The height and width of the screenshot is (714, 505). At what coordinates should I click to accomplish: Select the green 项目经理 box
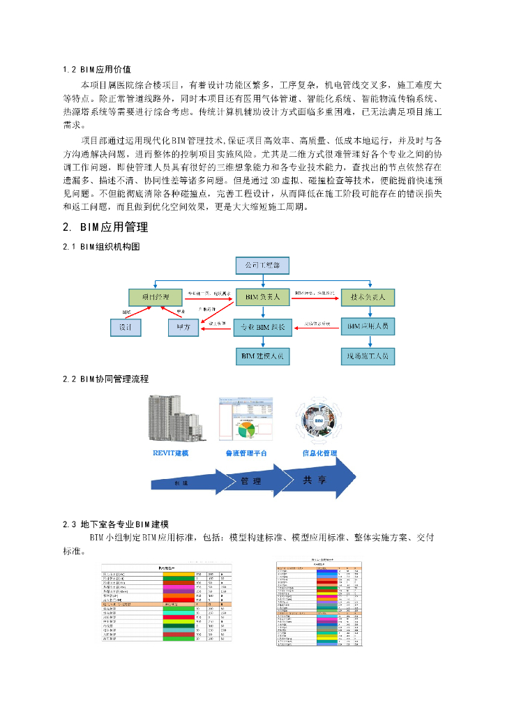point(156,297)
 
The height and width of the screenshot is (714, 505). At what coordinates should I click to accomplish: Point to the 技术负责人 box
point(368,297)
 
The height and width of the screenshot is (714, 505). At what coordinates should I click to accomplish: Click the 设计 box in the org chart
point(126,327)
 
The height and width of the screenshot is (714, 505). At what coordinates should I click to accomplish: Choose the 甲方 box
point(184,327)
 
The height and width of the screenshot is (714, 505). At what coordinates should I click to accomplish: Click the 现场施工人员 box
point(368,356)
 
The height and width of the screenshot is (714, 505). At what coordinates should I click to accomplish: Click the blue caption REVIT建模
point(171,453)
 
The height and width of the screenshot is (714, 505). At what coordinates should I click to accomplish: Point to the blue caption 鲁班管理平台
point(246,453)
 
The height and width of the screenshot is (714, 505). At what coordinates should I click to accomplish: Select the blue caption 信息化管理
point(319,453)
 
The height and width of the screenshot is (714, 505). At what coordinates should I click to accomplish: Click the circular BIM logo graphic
point(320,422)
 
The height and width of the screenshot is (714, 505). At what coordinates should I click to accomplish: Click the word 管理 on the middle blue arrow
point(251,481)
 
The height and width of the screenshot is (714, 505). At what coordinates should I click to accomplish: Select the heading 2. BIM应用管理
point(105,227)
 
